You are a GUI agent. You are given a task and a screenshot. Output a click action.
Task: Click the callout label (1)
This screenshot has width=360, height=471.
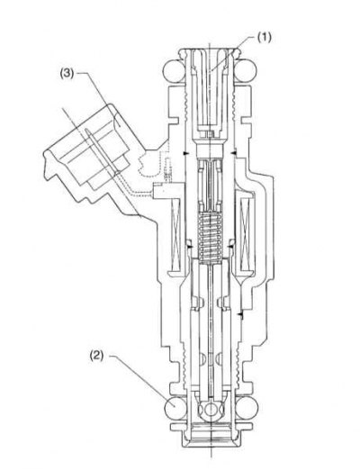click(264, 38)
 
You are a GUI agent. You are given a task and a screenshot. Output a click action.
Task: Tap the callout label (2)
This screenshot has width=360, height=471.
click(96, 356)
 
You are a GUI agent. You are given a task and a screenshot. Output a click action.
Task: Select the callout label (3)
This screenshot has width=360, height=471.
click(67, 74)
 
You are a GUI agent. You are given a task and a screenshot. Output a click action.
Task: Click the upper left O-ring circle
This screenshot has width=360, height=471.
click(174, 71)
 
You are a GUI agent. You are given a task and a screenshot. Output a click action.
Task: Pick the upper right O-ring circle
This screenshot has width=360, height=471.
click(246, 71)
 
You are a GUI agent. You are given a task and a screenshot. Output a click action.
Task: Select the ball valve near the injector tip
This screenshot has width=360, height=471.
click(211, 410)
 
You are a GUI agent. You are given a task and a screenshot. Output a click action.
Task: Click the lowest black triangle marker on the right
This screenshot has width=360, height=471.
click(240, 314)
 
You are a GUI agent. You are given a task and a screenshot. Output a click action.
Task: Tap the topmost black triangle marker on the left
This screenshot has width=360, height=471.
click(186, 153)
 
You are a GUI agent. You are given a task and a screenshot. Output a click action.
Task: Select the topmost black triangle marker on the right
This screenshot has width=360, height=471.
click(234, 153)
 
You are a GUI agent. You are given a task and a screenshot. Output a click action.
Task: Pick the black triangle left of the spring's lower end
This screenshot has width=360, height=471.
click(189, 246)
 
